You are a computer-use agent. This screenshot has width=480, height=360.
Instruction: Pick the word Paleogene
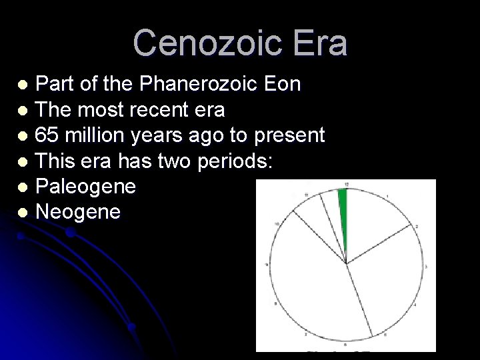85,187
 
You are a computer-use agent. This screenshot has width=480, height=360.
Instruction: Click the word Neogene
78,212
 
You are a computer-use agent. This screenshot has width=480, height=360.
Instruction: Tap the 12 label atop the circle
346,184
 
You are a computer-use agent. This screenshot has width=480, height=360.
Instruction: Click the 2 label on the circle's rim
417,227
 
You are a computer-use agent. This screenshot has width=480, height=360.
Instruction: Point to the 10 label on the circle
276,224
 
